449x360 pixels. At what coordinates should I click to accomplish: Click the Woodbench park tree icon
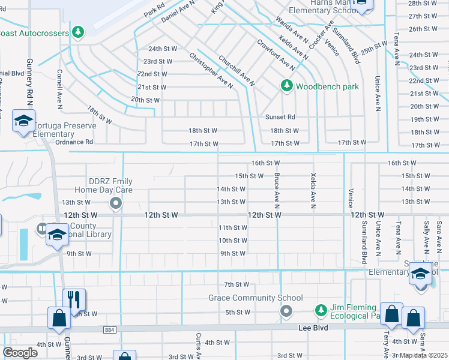point(287,86)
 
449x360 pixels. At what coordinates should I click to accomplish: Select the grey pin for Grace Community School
point(286,310)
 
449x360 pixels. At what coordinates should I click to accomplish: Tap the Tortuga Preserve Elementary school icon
point(24,122)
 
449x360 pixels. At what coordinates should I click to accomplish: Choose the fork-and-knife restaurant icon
point(74,298)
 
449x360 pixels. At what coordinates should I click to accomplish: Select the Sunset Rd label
point(280,117)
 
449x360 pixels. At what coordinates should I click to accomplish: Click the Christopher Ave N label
point(211,71)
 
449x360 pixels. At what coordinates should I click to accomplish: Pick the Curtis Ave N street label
point(197,347)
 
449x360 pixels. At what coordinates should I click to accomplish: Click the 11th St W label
point(233,227)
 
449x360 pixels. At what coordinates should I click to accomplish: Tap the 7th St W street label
point(237,284)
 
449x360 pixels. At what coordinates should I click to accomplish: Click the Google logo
point(20,353)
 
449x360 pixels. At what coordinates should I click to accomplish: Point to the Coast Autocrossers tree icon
point(77,32)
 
